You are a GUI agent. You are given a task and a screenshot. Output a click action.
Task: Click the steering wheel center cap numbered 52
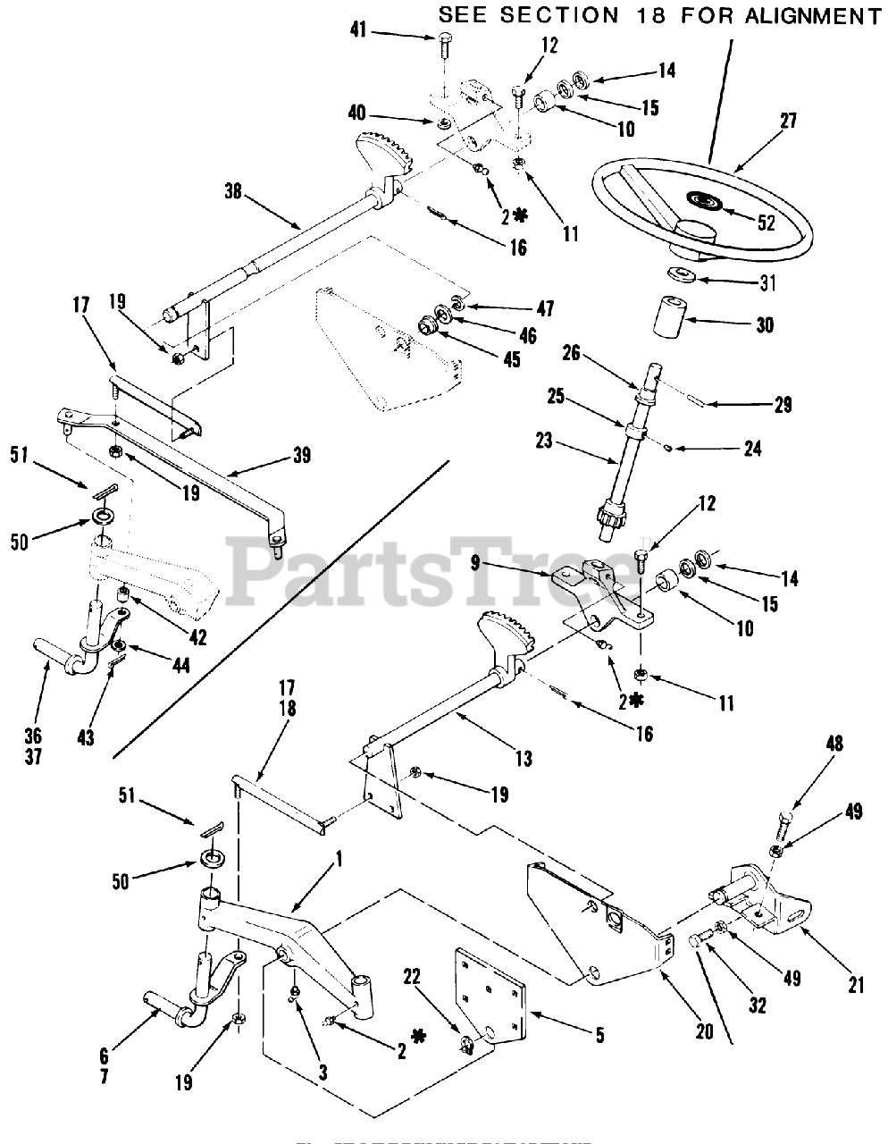[x=700, y=200]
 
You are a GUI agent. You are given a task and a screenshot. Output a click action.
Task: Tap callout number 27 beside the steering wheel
[x=788, y=122]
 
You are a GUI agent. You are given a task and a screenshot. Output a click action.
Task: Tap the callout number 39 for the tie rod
[x=301, y=456]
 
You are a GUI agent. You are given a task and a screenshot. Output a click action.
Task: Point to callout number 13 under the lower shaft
[x=523, y=759]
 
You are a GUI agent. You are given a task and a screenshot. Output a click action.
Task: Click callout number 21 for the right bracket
[x=857, y=986]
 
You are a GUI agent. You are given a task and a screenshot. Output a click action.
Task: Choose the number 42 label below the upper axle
[x=197, y=637]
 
